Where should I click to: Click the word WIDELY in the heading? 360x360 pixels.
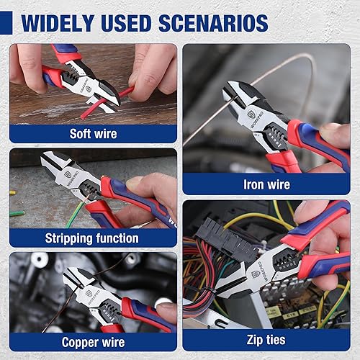tap(58, 23)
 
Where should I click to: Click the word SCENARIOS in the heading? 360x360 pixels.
tap(213, 23)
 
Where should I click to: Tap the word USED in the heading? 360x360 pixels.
tap(126, 23)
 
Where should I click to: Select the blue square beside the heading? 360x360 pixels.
tap(6, 22)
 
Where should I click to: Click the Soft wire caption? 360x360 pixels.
tap(93, 134)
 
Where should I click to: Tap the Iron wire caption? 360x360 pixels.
tap(266, 184)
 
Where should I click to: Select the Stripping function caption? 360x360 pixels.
tap(92, 238)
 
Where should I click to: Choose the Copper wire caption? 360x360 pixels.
tap(93, 342)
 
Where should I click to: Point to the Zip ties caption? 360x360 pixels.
tap(266, 340)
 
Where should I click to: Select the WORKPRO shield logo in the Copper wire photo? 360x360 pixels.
tap(88, 293)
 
